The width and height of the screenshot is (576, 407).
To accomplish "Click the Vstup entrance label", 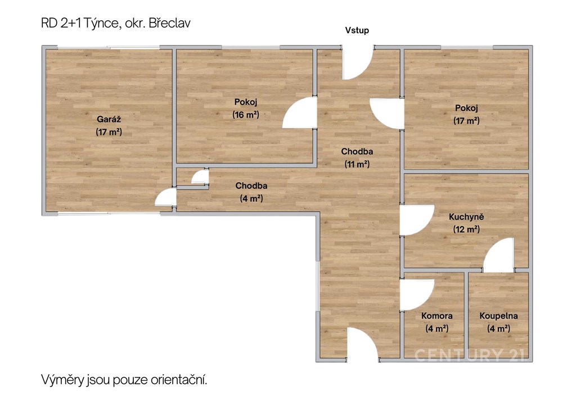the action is (x=357, y=30).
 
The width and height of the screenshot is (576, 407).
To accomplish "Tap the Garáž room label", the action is (x=109, y=119).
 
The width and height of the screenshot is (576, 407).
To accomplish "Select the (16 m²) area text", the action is (x=246, y=115).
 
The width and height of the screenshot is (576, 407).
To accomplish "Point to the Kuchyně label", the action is (x=466, y=216).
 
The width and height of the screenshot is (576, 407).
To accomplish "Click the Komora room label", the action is (x=436, y=315).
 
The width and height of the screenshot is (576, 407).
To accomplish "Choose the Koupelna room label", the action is (x=498, y=315).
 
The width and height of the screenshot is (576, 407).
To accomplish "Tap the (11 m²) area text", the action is (x=357, y=164).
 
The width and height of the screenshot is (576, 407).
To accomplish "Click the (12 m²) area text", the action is (x=466, y=229).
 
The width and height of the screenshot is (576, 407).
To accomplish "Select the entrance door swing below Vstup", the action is (x=358, y=64).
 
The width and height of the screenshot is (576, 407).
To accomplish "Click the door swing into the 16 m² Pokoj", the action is (x=299, y=112).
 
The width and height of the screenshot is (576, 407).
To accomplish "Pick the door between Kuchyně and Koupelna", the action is (x=498, y=255).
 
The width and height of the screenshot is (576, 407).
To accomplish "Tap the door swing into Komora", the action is (x=417, y=295).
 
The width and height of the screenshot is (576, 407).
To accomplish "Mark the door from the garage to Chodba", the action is (x=166, y=197).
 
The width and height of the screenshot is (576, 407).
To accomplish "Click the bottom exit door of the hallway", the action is (x=363, y=343).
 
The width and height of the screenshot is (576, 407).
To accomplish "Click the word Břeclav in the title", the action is (x=170, y=23).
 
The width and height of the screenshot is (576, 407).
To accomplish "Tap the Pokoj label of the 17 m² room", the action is (x=466, y=108).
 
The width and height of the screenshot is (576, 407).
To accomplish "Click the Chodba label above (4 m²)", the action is (x=251, y=186).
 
